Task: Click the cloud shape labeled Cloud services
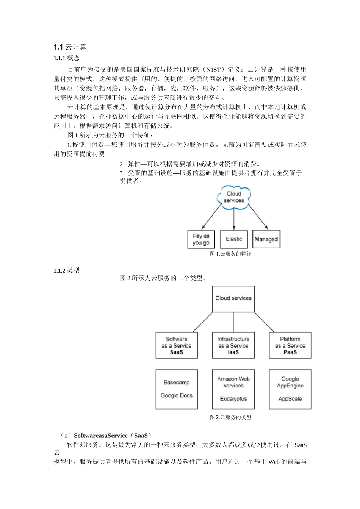pos(234,197)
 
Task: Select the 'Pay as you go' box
pos(201,239)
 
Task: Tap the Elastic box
pos(234,239)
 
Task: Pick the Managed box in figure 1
pos(266,239)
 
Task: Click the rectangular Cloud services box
pos(233,299)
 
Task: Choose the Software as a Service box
pos(177,345)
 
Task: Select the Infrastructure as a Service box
pos(233,345)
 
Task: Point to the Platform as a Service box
pos(290,345)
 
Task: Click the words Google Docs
pos(177,395)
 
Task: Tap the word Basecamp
pos(177,383)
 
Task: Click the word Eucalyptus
pos(233,399)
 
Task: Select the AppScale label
pos(290,399)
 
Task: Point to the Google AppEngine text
pos(290,382)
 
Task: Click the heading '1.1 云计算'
pos(70,47)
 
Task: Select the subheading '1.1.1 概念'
pos(67,58)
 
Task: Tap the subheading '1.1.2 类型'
pos(67,270)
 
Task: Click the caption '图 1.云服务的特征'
pos(230,254)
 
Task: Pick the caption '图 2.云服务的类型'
pos(230,417)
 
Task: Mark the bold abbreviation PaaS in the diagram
pos(290,352)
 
